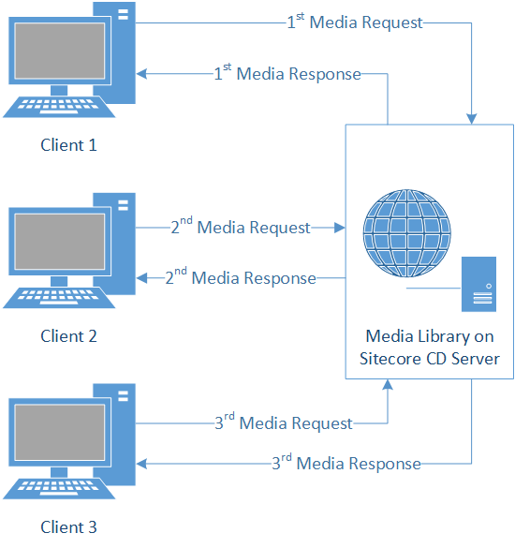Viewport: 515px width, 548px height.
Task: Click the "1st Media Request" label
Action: (x=355, y=22)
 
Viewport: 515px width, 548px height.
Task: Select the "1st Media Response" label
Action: (x=287, y=73)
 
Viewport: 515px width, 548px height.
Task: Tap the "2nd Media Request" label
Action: (x=241, y=227)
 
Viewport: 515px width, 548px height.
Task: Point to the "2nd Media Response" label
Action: (x=241, y=277)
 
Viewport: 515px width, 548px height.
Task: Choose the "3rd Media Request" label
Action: (x=284, y=422)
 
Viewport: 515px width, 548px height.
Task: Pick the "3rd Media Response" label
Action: (x=346, y=463)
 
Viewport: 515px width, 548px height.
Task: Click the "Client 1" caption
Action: (x=68, y=145)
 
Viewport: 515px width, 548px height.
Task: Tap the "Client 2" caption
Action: (x=68, y=336)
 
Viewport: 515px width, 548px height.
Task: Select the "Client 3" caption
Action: (x=68, y=527)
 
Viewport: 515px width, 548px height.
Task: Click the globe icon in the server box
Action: (x=407, y=233)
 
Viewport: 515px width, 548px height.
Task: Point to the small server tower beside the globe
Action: (x=478, y=284)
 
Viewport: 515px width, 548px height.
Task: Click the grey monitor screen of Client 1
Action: (x=60, y=51)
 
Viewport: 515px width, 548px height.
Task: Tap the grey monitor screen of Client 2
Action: (x=60, y=242)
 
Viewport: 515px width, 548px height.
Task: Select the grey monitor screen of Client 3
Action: (x=60, y=433)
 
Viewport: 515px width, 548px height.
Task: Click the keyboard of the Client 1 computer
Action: (x=59, y=107)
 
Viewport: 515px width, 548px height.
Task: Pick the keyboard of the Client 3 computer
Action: (x=59, y=488)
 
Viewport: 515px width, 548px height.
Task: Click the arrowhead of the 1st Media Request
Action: (x=472, y=119)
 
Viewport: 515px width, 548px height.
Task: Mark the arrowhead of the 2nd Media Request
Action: (x=340, y=228)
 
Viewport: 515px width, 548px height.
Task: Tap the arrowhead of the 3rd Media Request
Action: (x=388, y=384)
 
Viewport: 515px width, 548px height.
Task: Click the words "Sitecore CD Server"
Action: (x=430, y=359)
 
